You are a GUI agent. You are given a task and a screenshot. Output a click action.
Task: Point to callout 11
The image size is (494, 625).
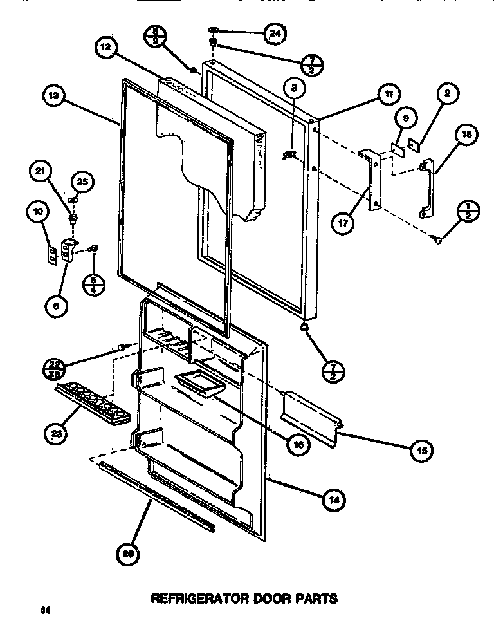(388, 94)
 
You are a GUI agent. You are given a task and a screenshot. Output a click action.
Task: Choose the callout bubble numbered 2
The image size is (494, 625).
(447, 93)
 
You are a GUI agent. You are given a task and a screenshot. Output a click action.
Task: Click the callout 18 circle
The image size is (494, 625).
(466, 135)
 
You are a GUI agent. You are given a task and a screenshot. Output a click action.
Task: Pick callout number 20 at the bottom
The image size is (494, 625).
(127, 553)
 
